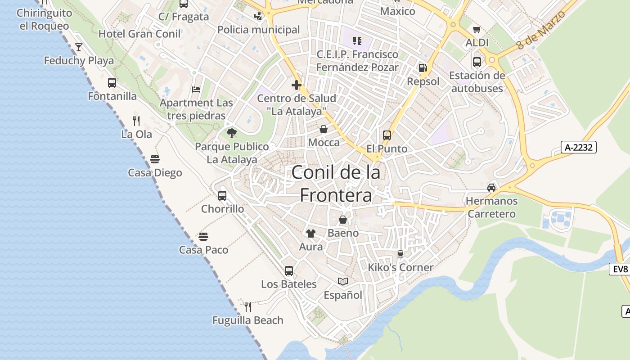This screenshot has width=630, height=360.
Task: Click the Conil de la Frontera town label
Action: point(336,184)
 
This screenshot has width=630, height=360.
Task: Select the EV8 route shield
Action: point(620,269)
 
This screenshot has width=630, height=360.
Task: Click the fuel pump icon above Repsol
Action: point(423,68)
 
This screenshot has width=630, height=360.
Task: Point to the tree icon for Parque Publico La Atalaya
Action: point(232,133)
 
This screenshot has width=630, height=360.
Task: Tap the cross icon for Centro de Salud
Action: point(297,85)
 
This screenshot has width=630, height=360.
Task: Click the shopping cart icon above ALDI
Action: point(477,30)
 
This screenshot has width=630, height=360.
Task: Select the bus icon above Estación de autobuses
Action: point(477,62)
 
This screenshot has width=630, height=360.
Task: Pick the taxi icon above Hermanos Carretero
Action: point(491,187)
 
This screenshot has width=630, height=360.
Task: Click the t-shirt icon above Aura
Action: point(311,233)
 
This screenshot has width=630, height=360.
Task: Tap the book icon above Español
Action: point(343,282)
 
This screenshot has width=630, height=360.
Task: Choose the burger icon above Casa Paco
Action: point(203,236)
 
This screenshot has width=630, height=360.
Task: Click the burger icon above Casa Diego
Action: point(155,159)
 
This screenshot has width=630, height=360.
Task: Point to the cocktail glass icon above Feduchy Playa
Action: point(79,47)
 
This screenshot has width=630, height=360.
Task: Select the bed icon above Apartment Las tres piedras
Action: point(196,89)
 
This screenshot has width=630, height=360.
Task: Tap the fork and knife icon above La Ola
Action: point(136,121)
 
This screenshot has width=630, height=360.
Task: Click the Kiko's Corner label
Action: point(400,267)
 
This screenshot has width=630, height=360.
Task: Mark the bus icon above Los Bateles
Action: point(289,271)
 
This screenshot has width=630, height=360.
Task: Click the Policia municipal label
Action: point(258,30)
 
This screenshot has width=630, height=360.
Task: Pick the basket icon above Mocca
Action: point(324,130)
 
